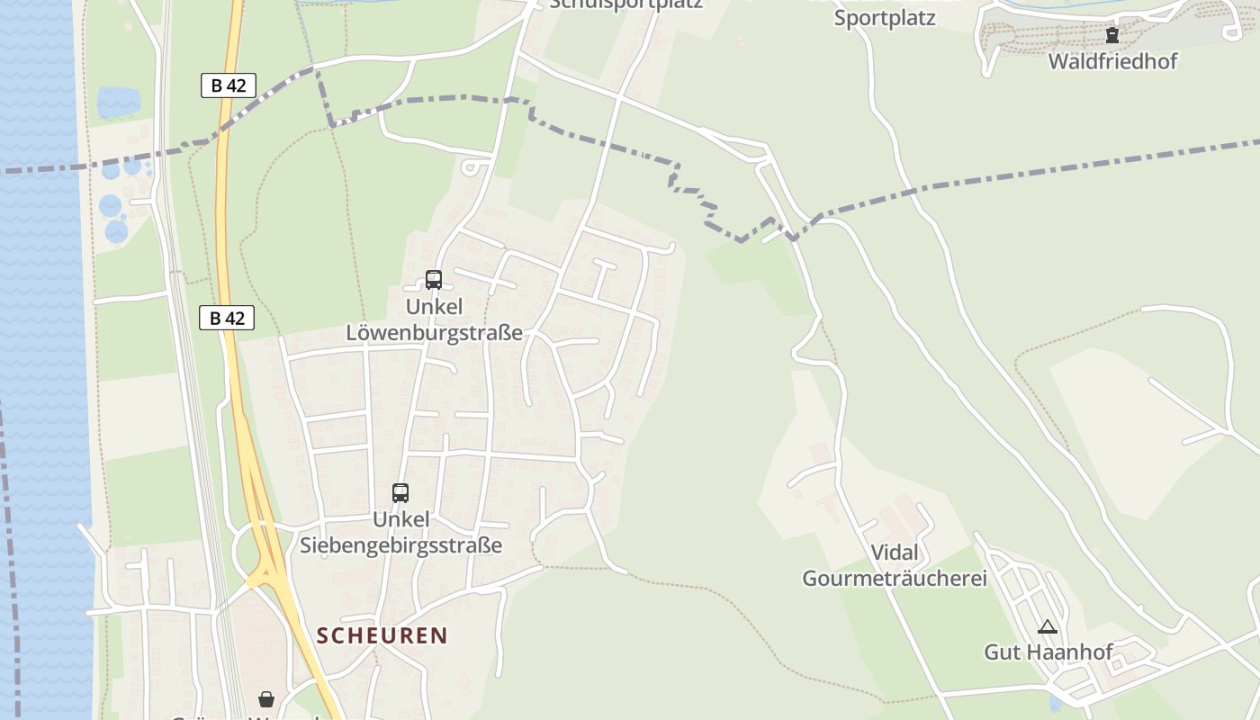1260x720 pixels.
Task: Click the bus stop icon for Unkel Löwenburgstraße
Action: point(434,280)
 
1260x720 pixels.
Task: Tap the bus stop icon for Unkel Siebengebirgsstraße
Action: point(400,493)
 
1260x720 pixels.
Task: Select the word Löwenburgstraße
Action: point(434,333)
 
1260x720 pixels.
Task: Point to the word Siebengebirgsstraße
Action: point(400,545)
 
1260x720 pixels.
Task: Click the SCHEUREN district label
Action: point(382,635)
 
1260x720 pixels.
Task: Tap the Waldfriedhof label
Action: point(1112,61)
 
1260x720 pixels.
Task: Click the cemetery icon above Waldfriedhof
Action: point(1112,35)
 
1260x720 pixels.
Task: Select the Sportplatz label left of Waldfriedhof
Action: point(885,18)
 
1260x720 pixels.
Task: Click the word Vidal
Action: point(895,553)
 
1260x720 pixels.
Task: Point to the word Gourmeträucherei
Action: point(895,578)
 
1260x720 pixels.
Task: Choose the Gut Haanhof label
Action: point(1048,652)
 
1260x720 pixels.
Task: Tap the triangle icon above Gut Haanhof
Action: point(1047,626)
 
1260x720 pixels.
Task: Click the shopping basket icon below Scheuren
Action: point(266,699)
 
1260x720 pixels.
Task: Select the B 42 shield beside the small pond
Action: point(228,85)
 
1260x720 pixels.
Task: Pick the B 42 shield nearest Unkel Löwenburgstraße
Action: point(227,318)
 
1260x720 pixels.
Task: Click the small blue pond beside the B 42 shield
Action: point(119,102)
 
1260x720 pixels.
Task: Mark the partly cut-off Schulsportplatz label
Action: point(625,4)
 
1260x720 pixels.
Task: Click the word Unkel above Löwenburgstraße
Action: point(434,307)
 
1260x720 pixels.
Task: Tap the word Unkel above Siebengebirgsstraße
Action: point(400,520)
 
